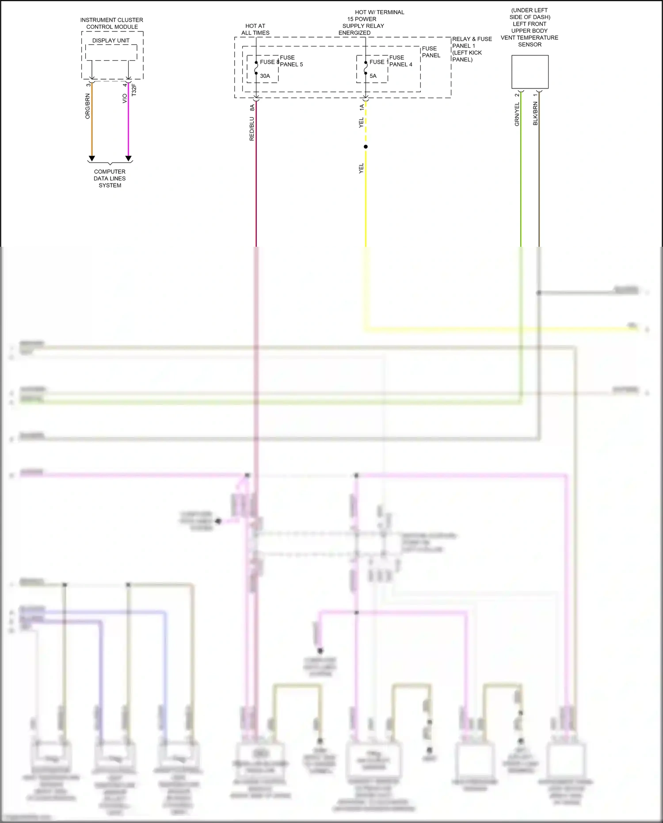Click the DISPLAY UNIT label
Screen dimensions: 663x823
coord(111,41)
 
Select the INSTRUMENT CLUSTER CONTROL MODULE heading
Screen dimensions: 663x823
coord(112,23)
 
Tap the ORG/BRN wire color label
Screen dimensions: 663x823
coord(88,106)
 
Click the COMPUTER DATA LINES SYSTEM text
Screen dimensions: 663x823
coord(110,179)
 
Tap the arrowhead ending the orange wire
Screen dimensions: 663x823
coord(92,158)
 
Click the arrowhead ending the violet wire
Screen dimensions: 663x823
coord(129,158)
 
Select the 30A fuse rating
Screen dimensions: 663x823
coord(265,76)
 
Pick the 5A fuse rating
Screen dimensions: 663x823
coord(373,76)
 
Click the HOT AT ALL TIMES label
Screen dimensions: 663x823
coord(255,30)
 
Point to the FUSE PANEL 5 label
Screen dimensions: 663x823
coord(291,61)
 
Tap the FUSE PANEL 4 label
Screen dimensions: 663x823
coord(400,61)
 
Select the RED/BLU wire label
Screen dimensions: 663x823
coord(252,129)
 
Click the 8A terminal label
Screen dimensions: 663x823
coord(252,107)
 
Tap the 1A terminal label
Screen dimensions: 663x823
coord(362,107)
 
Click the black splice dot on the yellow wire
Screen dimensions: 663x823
coord(366,147)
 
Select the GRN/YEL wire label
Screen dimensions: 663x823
coord(517,115)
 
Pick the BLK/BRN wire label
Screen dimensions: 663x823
coord(535,114)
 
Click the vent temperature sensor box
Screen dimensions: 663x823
coord(530,72)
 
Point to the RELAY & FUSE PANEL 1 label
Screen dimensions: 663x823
coord(472,49)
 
